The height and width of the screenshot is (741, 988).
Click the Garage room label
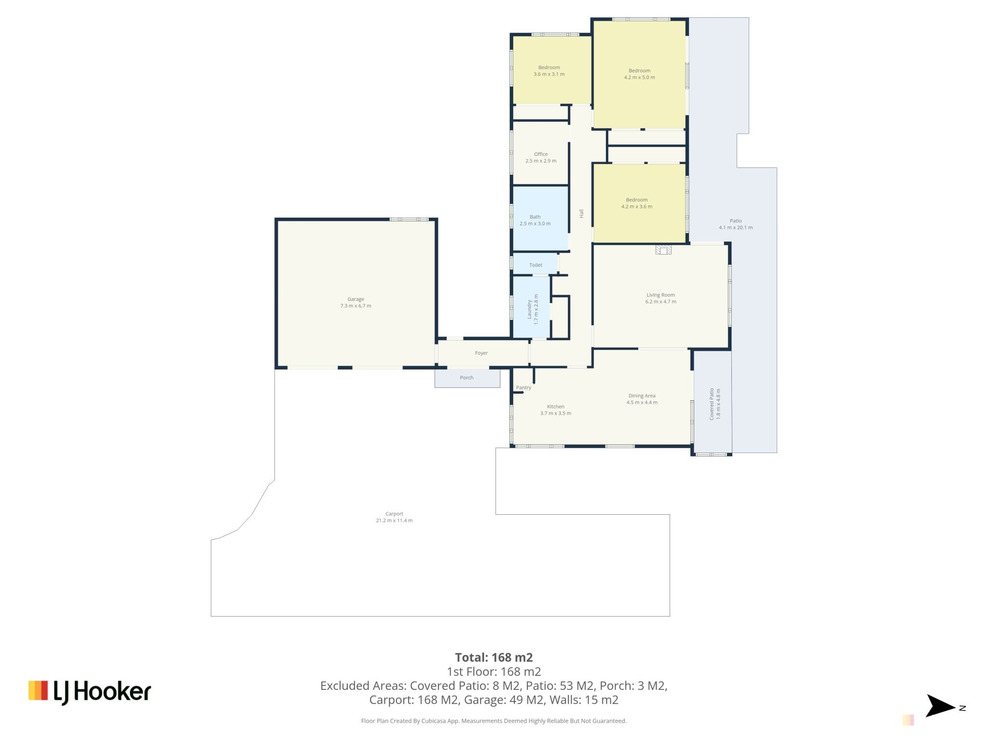point(356,299)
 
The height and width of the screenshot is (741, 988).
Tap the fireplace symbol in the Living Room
point(663,249)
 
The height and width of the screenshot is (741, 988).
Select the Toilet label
point(535,265)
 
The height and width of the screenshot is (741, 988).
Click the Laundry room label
point(529,309)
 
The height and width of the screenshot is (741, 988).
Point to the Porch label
point(467,378)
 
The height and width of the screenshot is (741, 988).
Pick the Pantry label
point(523,387)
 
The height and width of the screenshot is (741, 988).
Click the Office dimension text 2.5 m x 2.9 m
point(541,161)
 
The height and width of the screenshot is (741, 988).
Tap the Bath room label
point(535,217)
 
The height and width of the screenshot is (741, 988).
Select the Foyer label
point(481,353)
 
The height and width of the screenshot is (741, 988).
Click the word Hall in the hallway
point(581,213)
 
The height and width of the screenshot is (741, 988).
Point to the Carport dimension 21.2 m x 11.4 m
point(394,521)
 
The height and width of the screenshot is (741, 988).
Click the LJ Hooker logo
point(90,692)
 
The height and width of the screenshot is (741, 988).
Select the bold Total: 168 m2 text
point(494,657)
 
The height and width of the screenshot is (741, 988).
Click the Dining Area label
point(642,396)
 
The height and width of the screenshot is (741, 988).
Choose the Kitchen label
point(555,406)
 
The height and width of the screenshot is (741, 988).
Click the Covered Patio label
point(712,404)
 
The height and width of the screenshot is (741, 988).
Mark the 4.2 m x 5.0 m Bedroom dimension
point(639,77)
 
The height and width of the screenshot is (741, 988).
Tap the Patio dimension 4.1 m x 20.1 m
point(736,228)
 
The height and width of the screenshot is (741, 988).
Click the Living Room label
point(661,295)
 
